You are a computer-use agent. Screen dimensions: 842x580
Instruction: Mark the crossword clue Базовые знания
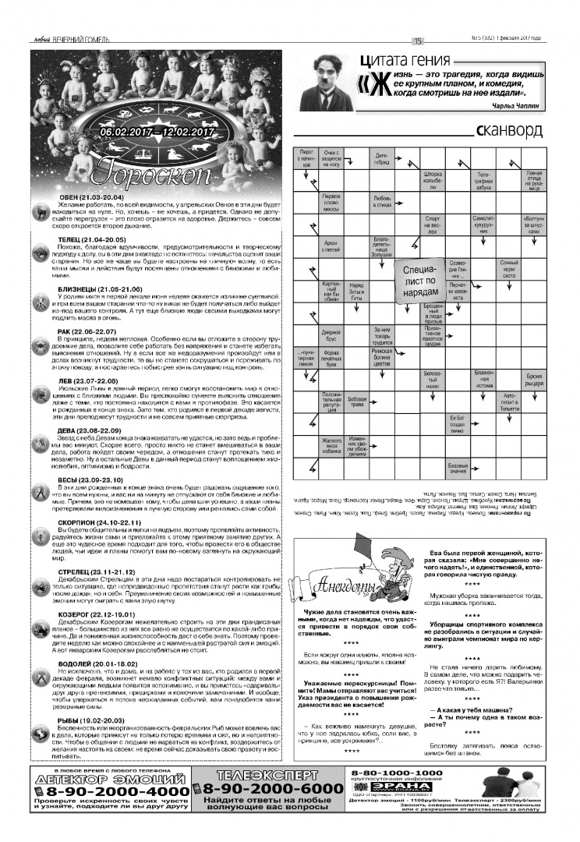[458, 469]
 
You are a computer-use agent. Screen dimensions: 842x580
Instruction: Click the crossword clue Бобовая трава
[357, 402]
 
